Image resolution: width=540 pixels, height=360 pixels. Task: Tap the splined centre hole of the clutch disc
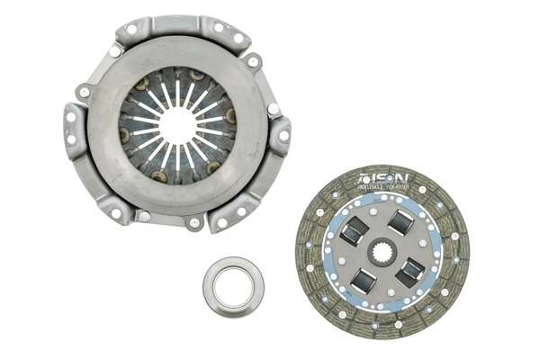click(381, 246)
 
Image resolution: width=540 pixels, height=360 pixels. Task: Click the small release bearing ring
click(233, 286)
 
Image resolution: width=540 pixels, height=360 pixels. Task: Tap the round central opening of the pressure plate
click(177, 127)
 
